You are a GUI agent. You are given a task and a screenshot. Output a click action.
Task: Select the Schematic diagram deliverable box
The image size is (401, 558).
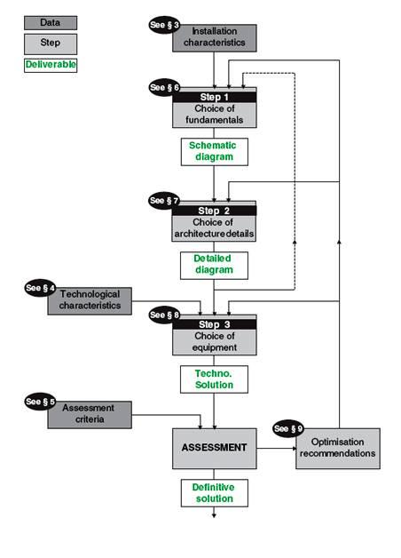[214, 151]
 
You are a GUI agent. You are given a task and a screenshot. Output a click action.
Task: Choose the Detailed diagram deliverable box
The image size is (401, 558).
[214, 265]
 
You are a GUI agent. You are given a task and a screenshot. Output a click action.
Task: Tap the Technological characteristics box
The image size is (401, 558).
[90, 300]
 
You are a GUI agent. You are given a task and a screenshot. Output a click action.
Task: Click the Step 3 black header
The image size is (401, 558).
[214, 324]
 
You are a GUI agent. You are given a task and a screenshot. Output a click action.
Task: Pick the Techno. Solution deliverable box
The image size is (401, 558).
[214, 379]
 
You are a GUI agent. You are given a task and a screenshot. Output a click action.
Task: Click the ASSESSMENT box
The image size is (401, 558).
[214, 448]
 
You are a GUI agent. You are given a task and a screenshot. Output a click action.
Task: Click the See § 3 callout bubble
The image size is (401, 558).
[164, 25]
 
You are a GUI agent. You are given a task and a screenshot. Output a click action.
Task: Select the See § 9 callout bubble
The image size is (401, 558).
[289, 427]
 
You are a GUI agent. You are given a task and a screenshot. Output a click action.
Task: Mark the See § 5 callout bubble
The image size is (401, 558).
[40, 403]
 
